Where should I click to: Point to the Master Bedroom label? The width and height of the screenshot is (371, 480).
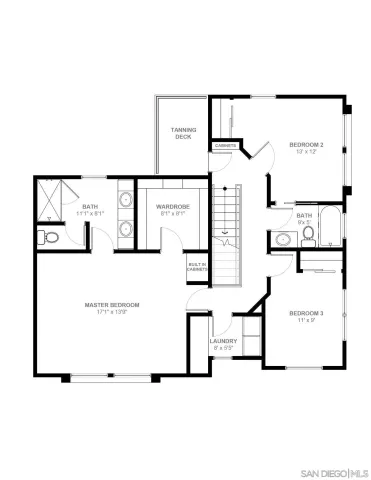(112, 304)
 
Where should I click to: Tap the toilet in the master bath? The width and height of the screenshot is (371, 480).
(48, 237)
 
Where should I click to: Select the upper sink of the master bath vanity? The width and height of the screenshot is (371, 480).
(124, 201)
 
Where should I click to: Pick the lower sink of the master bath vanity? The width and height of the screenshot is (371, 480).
(124, 227)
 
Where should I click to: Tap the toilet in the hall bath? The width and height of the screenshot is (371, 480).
(308, 234)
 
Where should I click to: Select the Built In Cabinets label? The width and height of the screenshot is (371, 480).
(198, 267)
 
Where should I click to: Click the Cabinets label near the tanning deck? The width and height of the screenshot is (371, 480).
(225, 147)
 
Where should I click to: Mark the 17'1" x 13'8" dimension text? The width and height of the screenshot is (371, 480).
(112, 313)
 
